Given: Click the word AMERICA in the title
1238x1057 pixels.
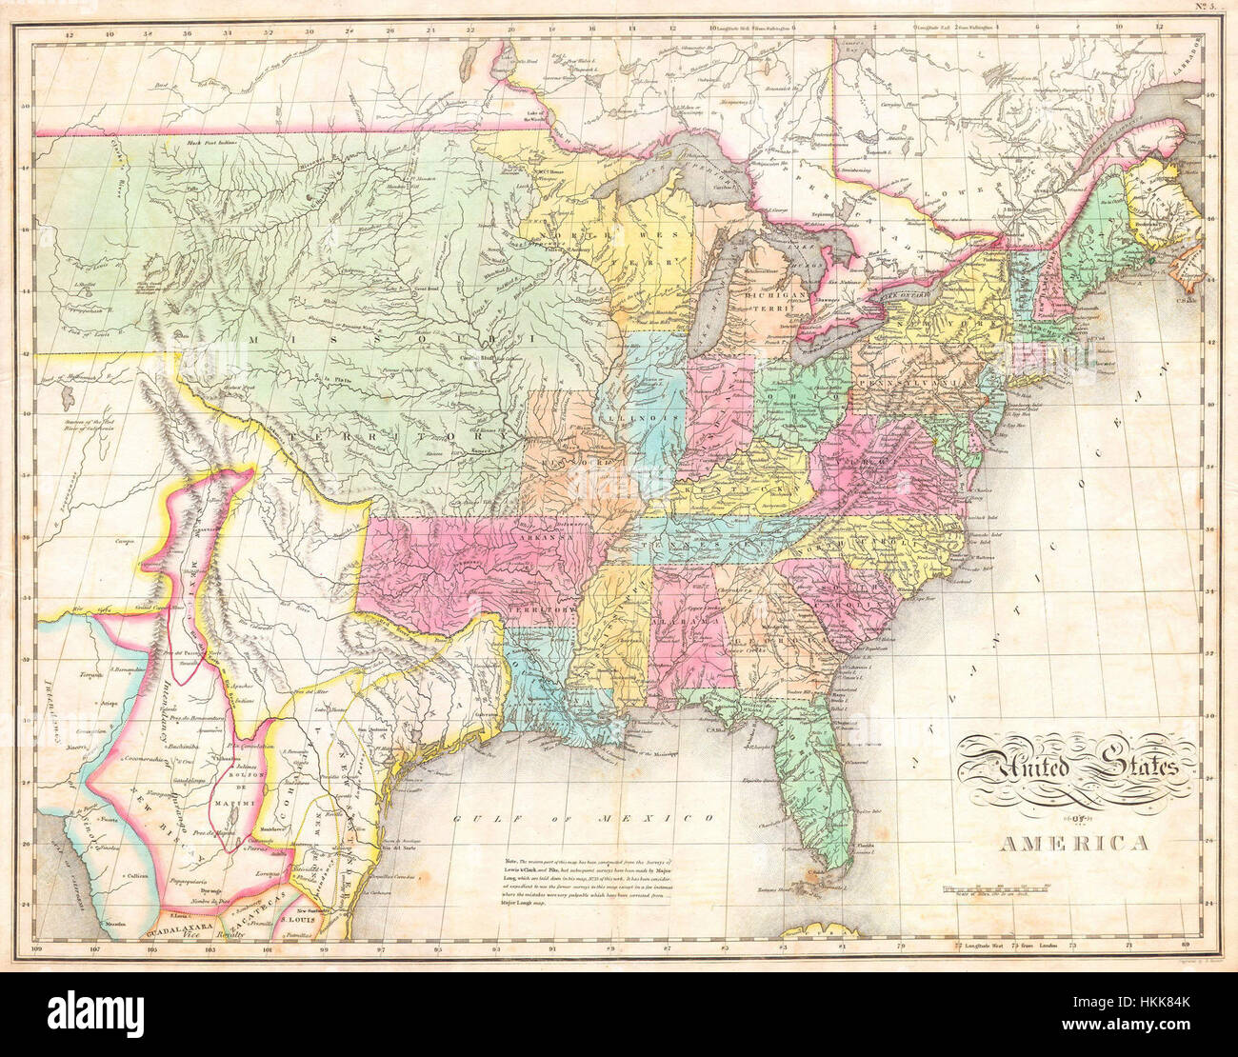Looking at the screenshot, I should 1073,843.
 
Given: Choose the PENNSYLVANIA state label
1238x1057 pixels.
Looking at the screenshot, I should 905,382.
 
